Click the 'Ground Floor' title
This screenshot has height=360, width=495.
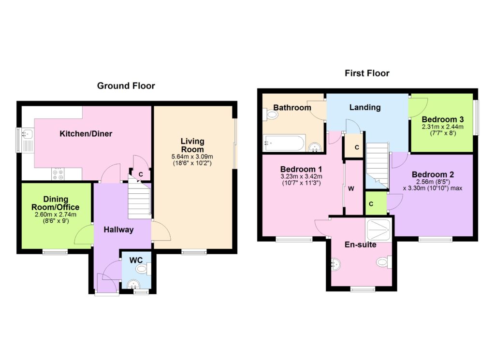pos(126,86)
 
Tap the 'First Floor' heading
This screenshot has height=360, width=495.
pos(367,73)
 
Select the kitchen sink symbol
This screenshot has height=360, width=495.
pos(27,140)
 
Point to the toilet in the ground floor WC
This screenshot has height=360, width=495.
pos(143,269)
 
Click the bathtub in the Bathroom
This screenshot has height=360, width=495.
pos(284,143)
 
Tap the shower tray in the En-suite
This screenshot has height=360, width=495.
pos(378,230)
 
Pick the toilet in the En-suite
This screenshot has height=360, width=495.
pos(384,262)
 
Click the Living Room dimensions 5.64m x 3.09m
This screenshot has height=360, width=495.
pos(192,156)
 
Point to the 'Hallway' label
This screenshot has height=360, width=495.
pos(118,230)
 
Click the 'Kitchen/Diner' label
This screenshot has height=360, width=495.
pos(86,134)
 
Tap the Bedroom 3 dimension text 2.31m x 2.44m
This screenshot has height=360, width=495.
pos(443,127)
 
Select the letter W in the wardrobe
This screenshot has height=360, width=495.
pos(351,188)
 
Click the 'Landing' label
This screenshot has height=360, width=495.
pos(365,108)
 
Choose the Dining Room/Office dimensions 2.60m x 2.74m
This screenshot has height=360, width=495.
pos(56,215)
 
